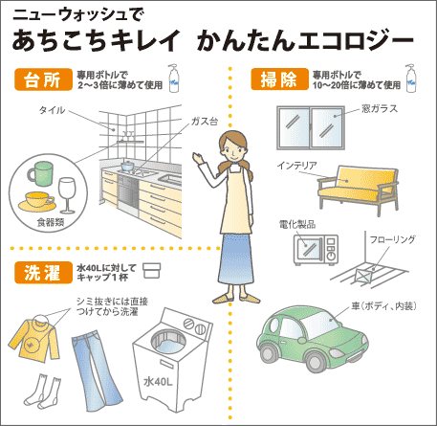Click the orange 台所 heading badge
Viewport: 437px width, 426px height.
point(43,79)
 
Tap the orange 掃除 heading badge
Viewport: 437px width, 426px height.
point(279,79)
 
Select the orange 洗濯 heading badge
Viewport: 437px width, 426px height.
point(43,273)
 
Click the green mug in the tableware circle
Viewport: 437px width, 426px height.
point(40,173)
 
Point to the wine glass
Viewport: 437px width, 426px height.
point(67,195)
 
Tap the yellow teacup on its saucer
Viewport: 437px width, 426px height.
point(37,202)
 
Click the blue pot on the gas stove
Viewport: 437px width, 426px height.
point(127,166)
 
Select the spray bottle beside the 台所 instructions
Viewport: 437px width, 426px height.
point(174,78)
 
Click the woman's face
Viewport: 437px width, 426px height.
point(232,150)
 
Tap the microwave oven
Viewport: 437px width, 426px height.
point(316,250)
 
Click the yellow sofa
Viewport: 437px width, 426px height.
point(358,189)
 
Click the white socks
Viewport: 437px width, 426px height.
point(43,392)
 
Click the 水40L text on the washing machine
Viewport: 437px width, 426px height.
point(158,381)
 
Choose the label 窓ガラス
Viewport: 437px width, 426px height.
point(380,109)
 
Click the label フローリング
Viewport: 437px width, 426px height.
point(392,239)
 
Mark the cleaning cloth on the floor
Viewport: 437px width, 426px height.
point(362,276)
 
